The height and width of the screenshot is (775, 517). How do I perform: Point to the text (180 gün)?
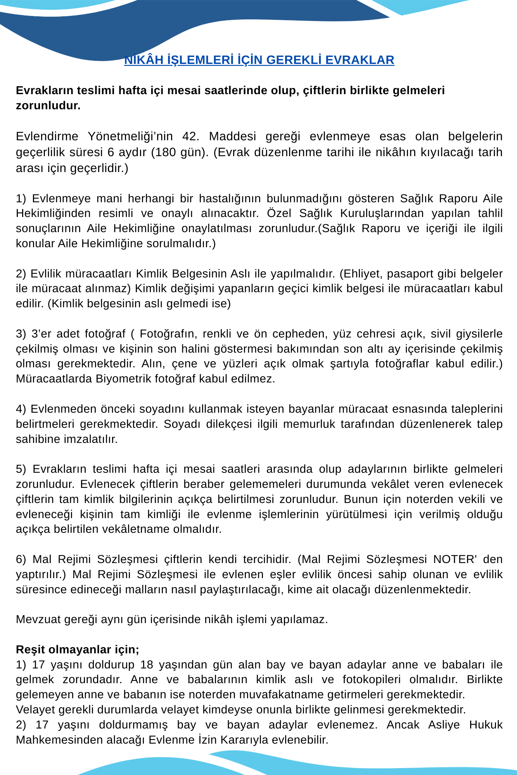[x=180, y=152]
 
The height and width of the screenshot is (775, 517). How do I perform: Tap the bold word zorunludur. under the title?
[x=48, y=105]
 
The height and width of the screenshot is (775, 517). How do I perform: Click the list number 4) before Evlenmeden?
[x=21, y=409]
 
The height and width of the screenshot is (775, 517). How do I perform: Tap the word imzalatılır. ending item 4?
[x=90, y=439]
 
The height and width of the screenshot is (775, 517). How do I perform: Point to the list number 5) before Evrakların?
[x=21, y=469]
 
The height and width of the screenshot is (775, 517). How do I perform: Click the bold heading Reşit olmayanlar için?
[x=78, y=649]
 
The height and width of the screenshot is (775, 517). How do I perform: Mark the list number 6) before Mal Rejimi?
[x=21, y=559]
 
